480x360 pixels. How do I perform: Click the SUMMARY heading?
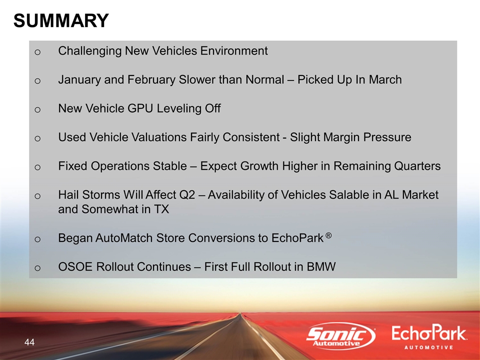click(61, 20)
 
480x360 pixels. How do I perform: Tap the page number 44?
click(29, 342)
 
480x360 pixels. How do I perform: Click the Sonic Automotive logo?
click(341, 336)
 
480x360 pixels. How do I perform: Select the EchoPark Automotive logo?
click(429, 337)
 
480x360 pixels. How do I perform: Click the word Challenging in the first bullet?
click(90, 51)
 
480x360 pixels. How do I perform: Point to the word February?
click(151, 79)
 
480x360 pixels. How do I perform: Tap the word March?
click(385, 79)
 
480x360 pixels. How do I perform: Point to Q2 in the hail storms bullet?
click(187, 195)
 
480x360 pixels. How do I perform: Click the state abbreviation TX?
click(161, 209)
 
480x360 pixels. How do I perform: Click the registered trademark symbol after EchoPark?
click(328, 235)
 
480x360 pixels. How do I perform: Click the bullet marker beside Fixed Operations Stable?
click(37, 167)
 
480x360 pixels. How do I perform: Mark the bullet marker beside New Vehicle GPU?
click(37, 109)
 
